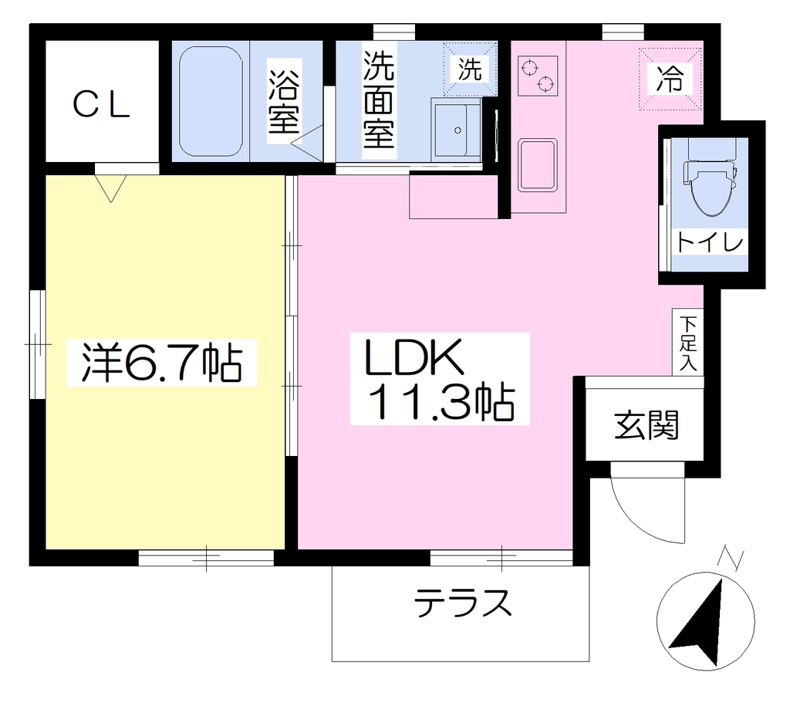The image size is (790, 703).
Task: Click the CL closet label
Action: click(x=101, y=105)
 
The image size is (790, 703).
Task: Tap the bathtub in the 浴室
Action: click(x=211, y=101)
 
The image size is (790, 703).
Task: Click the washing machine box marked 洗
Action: click(x=470, y=69)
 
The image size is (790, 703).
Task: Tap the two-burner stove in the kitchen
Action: click(x=538, y=76)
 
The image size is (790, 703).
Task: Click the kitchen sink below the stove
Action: click(x=538, y=165)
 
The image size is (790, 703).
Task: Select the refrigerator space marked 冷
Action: click(x=670, y=79)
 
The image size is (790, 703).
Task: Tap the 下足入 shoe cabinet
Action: click(x=687, y=342)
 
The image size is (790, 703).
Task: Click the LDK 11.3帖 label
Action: click(x=440, y=379)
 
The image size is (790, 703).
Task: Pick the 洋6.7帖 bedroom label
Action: click(x=162, y=363)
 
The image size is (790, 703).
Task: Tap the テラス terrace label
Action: click(x=463, y=603)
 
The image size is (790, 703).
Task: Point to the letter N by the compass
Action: click(x=731, y=558)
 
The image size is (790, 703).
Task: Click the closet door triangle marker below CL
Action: click(x=111, y=188)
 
